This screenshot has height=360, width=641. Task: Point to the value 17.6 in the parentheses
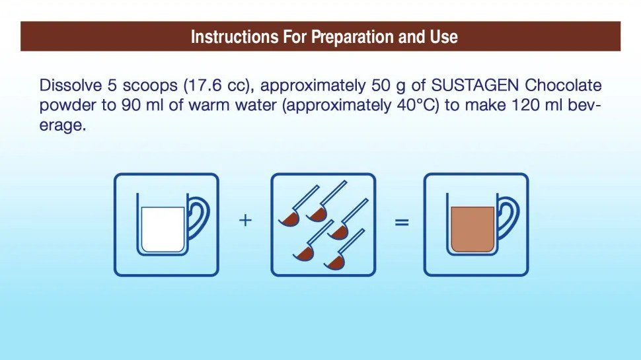203,85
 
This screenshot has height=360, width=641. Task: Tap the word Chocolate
563,85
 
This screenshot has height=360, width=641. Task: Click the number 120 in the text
519,105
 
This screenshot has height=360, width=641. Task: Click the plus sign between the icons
245,221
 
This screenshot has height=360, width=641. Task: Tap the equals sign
402,222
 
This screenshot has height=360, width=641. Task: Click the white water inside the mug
163,229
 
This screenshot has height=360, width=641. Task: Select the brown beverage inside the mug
472,229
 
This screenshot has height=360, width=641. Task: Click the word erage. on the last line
63,126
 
